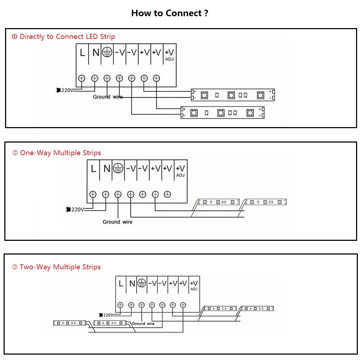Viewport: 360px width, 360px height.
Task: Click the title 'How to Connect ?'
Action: pyautogui.click(x=170, y=13)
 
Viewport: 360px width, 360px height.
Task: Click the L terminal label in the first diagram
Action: pyautogui.click(x=82, y=53)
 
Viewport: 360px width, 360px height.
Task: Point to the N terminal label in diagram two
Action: pyautogui.click(x=106, y=168)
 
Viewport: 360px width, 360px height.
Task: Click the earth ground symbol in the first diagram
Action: pyautogui.click(x=106, y=53)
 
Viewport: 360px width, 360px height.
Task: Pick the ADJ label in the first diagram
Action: pyautogui.click(x=169, y=59)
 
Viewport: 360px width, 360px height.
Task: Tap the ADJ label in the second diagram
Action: pyautogui.click(x=180, y=175)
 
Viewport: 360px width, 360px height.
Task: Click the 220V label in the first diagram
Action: pyautogui.click(x=67, y=90)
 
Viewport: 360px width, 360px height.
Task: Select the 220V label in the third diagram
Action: pyautogui.click(x=108, y=315)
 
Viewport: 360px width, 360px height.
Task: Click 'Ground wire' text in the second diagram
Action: pyautogui.click(x=117, y=222)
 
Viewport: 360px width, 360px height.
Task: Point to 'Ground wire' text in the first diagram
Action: pyautogui.click(x=108, y=97)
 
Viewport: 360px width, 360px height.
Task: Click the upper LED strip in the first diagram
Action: pyautogui.click(x=233, y=95)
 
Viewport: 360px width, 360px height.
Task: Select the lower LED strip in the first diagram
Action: pyautogui.click(x=222, y=113)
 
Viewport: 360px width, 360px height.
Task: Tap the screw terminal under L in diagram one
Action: pyautogui.click(x=82, y=78)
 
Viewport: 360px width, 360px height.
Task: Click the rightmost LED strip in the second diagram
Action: pyautogui.click(x=266, y=202)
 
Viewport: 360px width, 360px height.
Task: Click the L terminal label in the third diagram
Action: pyautogui.click(x=121, y=283)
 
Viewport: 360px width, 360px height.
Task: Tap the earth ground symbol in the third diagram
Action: pyautogui.click(x=141, y=283)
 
